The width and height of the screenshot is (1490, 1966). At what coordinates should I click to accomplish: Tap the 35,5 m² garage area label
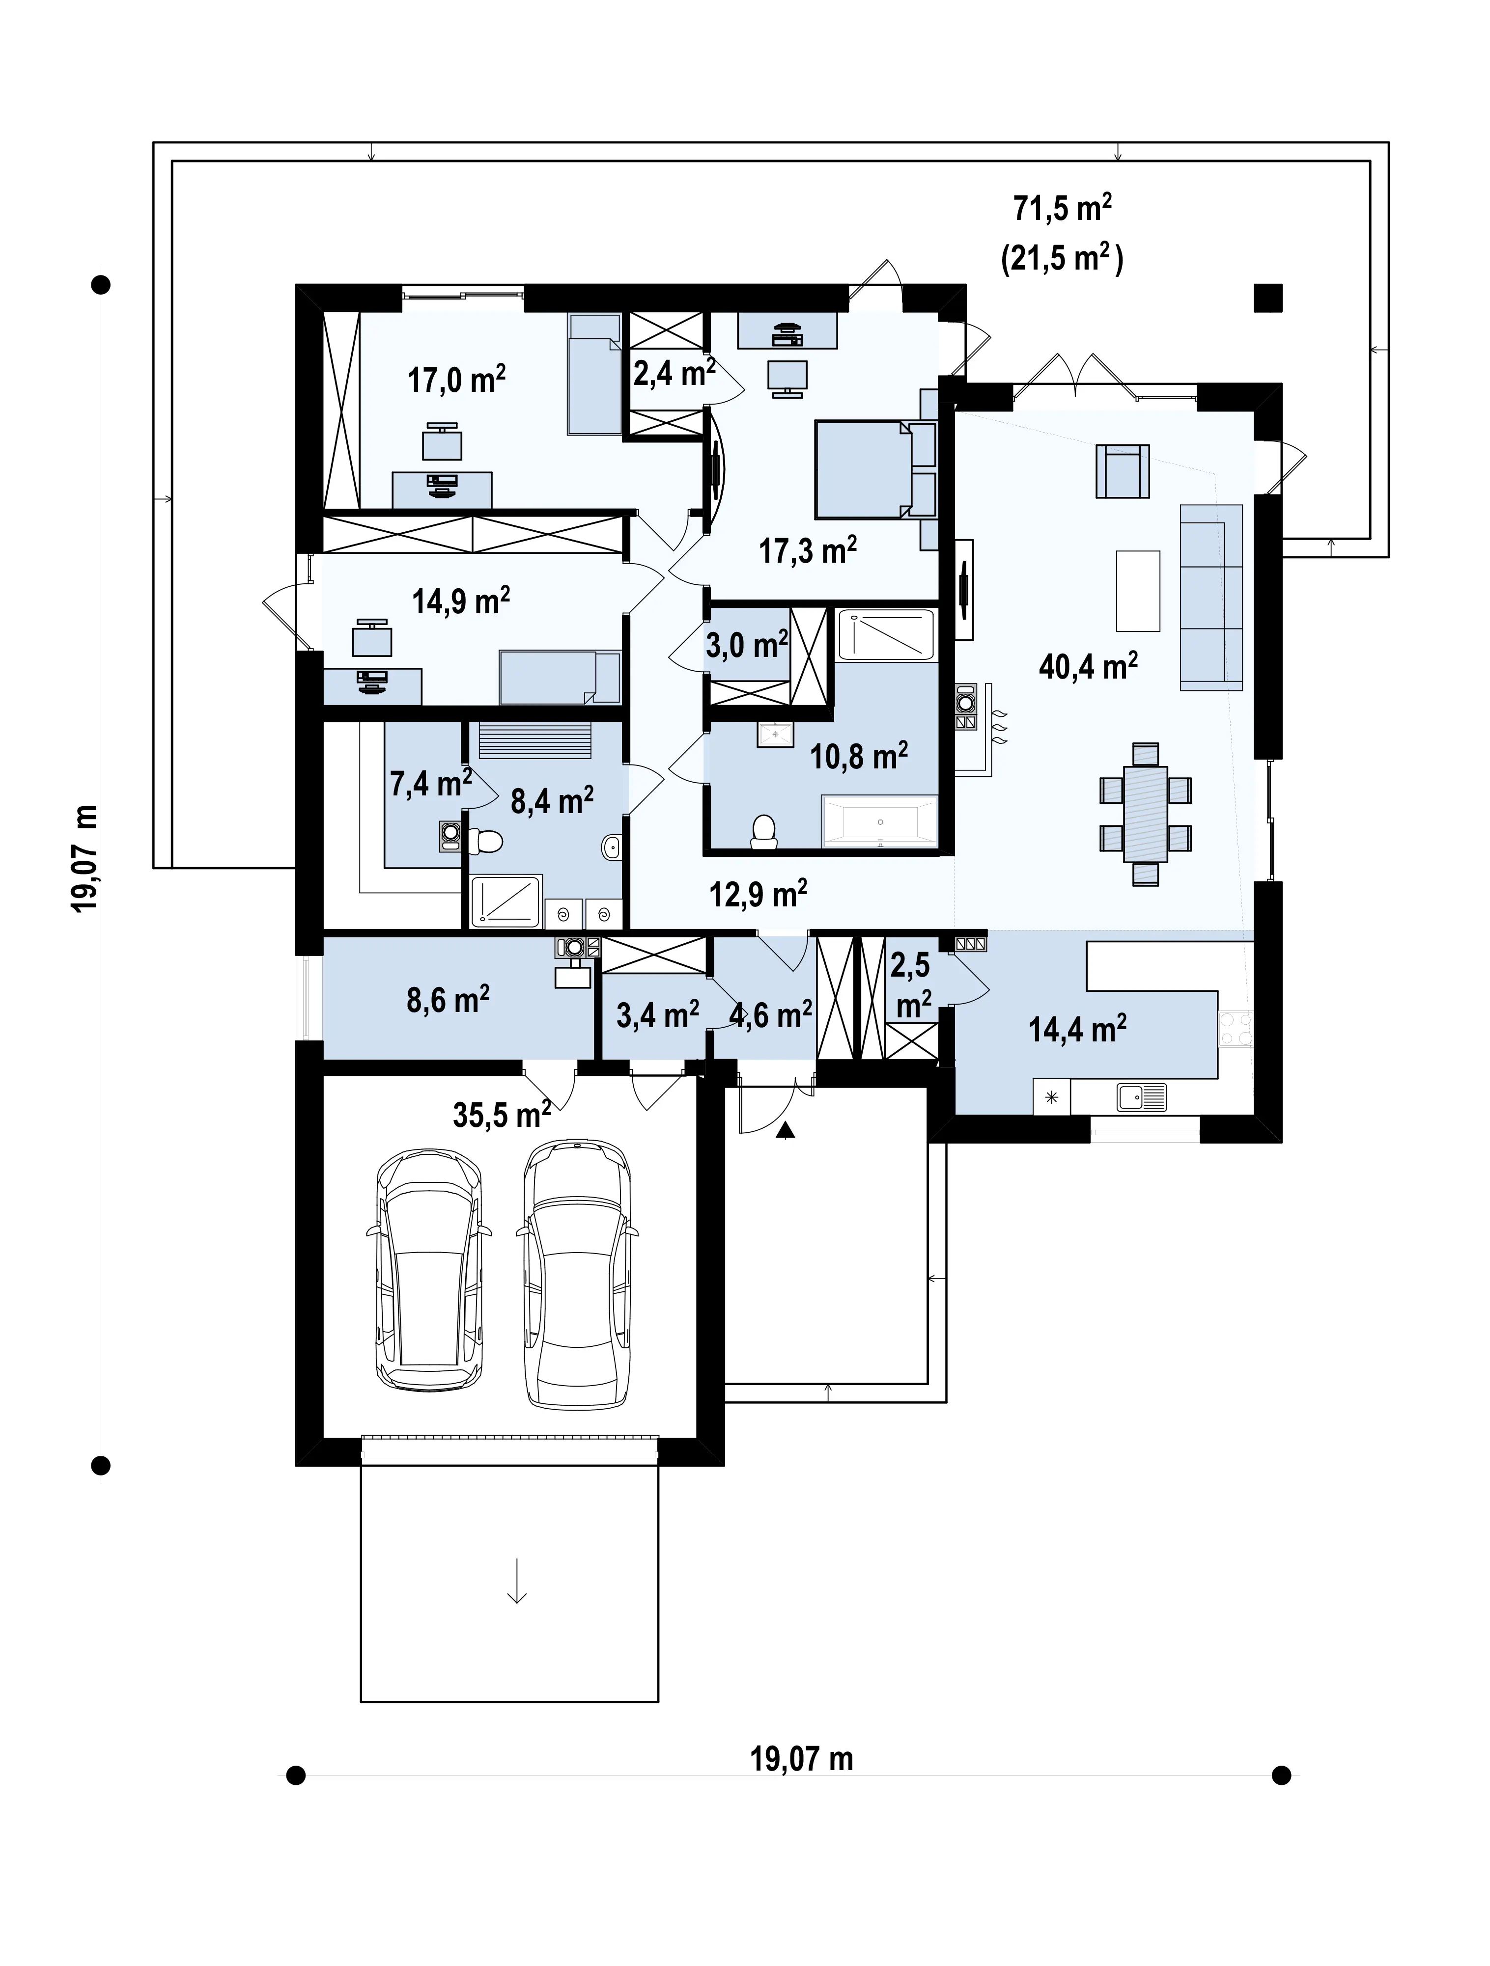[502, 1114]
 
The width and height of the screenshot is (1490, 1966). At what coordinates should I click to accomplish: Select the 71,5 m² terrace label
[1063, 208]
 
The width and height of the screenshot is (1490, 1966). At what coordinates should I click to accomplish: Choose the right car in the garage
[577, 1273]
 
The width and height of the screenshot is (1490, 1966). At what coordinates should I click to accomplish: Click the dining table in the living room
[1145, 813]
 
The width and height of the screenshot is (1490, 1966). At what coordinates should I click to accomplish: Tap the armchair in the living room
[1123, 471]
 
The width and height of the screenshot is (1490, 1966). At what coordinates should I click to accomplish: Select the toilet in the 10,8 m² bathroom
[764, 832]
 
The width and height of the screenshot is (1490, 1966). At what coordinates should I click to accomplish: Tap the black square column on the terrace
[1268, 298]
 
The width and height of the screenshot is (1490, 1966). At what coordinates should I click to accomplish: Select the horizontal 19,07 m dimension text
[802, 1759]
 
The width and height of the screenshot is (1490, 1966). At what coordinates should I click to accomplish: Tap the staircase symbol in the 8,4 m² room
[535, 739]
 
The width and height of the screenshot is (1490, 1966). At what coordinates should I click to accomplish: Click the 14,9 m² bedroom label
[460, 601]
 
